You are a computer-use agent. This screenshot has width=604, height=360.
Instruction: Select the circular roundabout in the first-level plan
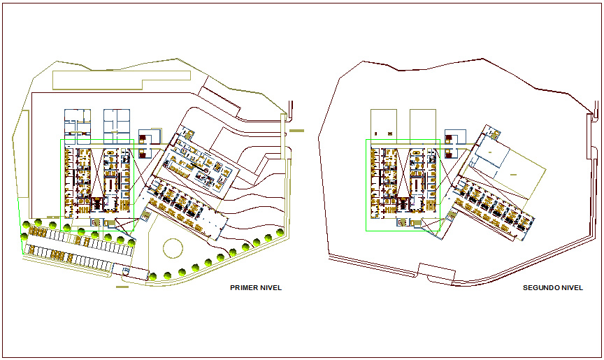point(171,248)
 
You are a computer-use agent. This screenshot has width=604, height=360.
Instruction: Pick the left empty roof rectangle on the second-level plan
point(383,123)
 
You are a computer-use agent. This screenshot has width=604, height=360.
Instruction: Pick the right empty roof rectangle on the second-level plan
point(423,123)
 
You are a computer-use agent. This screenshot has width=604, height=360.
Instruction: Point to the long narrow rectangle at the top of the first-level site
point(119,78)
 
